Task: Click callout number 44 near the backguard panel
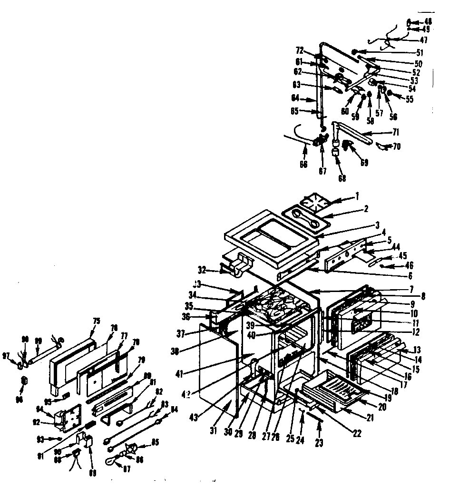396,247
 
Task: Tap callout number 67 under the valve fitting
322,171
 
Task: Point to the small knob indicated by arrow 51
354,52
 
